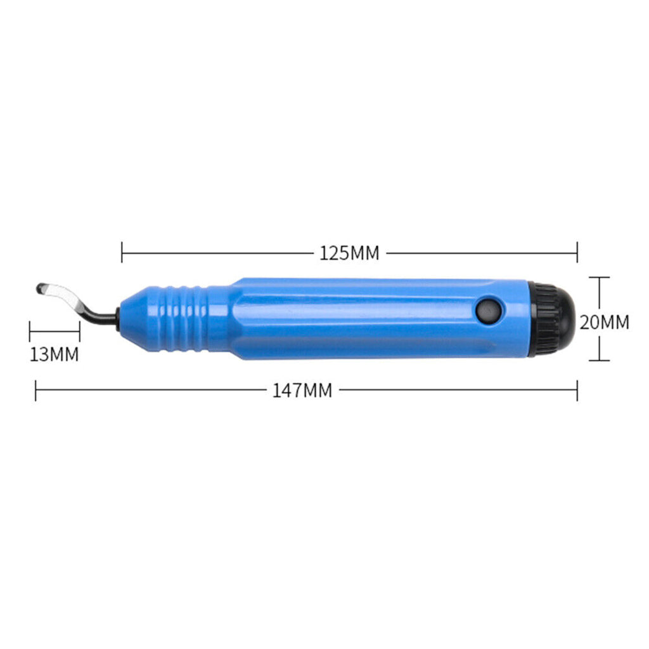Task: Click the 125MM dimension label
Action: (x=349, y=254)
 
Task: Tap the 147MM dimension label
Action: (x=302, y=390)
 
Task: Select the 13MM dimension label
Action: (x=55, y=354)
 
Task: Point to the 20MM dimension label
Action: (x=604, y=322)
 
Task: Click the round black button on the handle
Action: (x=489, y=311)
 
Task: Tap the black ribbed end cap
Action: (x=550, y=319)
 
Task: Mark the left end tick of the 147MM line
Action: (x=36, y=390)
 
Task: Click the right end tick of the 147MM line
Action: (x=577, y=390)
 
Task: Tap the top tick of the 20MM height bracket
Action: (x=599, y=278)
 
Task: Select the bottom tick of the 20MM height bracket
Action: (x=599, y=360)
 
